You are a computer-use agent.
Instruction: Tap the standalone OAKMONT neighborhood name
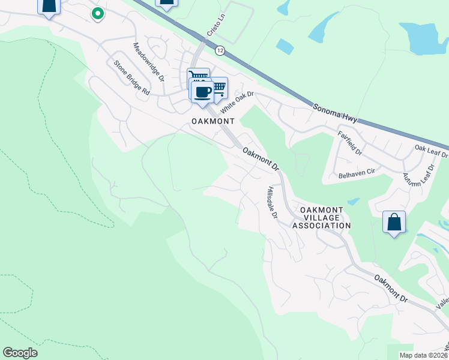tap(212, 121)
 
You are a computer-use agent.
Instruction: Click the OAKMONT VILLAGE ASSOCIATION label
tap(321, 217)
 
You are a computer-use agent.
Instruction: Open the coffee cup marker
tap(202, 92)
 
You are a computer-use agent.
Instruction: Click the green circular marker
tap(97, 13)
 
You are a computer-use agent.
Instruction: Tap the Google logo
tap(20, 353)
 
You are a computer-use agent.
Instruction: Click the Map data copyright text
tap(424, 355)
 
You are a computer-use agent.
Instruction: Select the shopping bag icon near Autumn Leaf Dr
tap(394, 222)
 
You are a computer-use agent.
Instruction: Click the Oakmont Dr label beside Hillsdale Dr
tap(261, 159)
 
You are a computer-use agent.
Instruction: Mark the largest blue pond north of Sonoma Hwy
tap(426, 40)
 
